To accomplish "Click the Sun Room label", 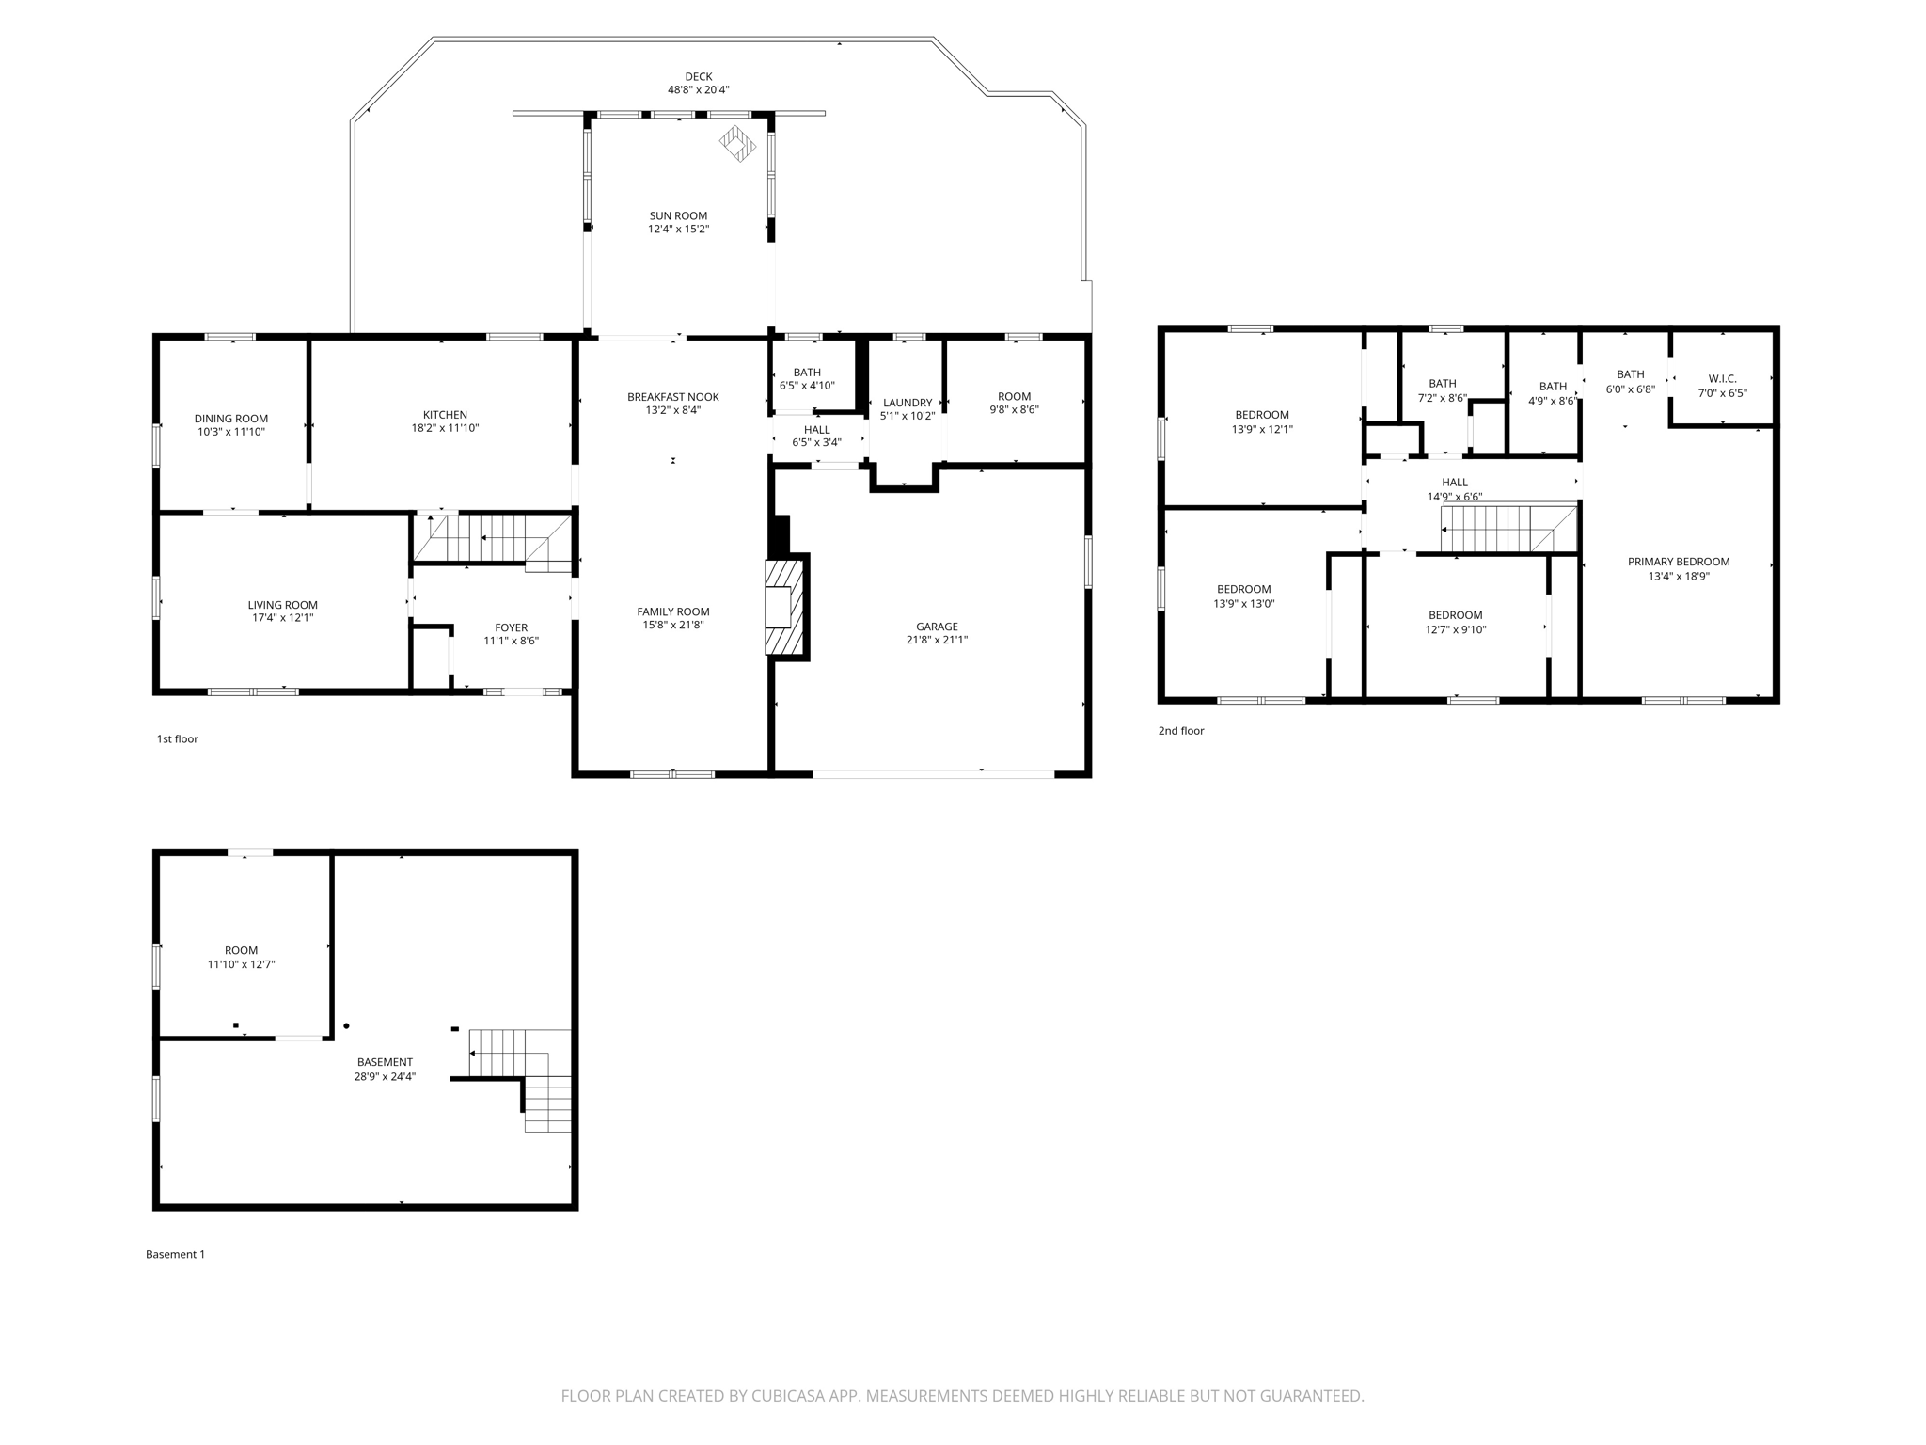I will tap(677, 215).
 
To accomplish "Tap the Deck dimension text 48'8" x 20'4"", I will tap(698, 90).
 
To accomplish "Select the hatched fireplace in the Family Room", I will tap(785, 607).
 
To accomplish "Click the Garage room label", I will tap(937, 627).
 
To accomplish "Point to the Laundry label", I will tap(907, 403).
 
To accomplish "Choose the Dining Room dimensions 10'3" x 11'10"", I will tap(231, 433).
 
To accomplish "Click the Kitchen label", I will tap(445, 415).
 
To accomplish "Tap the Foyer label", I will tap(511, 627).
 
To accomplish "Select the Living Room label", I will tap(282, 605).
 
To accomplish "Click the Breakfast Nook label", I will tap(672, 397).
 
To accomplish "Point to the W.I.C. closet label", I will tap(1722, 379).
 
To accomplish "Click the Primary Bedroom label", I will tap(1678, 562).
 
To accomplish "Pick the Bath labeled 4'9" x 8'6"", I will tap(1553, 387).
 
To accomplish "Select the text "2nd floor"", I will tap(1180, 731).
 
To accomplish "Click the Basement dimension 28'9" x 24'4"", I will tap(385, 1077).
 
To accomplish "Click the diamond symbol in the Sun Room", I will tap(737, 143).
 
